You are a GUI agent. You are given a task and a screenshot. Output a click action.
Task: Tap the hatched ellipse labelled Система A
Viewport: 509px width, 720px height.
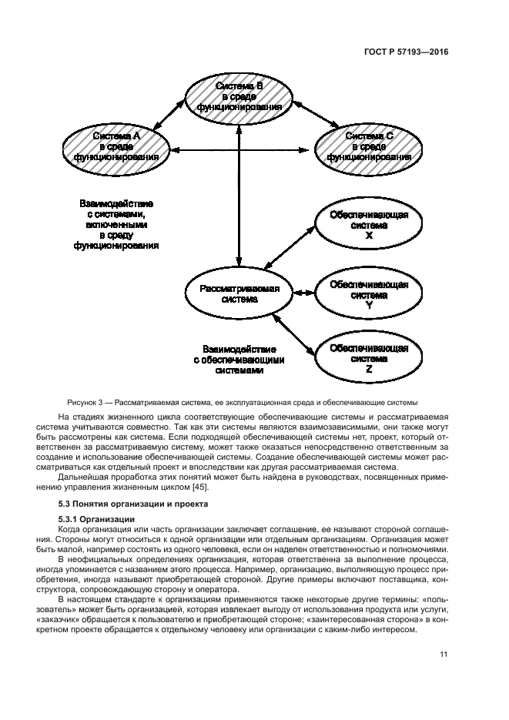(117, 146)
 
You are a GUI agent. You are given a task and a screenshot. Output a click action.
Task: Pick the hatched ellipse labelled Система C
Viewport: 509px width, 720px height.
(368, 146)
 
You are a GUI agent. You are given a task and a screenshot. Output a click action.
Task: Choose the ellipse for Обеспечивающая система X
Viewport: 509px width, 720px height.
(368, 225)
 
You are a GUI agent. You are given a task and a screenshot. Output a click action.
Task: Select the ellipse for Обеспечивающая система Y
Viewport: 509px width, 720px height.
(368, 295)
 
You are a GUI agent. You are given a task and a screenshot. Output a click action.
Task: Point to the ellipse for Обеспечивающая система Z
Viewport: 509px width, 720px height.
(368, 359)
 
